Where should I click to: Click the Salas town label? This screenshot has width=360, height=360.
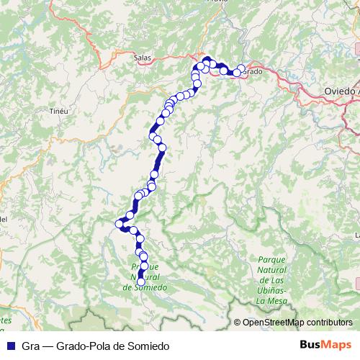coord(143,55)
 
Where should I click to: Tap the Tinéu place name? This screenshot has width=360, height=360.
coord(58,111)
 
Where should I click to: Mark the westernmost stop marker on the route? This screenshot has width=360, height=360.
coord(120,224)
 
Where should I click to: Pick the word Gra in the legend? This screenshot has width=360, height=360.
coord(30,346)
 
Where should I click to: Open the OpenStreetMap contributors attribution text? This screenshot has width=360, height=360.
coord(297,323)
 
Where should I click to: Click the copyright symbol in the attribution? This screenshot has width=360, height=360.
coord(238,323)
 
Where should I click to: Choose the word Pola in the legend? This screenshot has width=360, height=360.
coord(101,346)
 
